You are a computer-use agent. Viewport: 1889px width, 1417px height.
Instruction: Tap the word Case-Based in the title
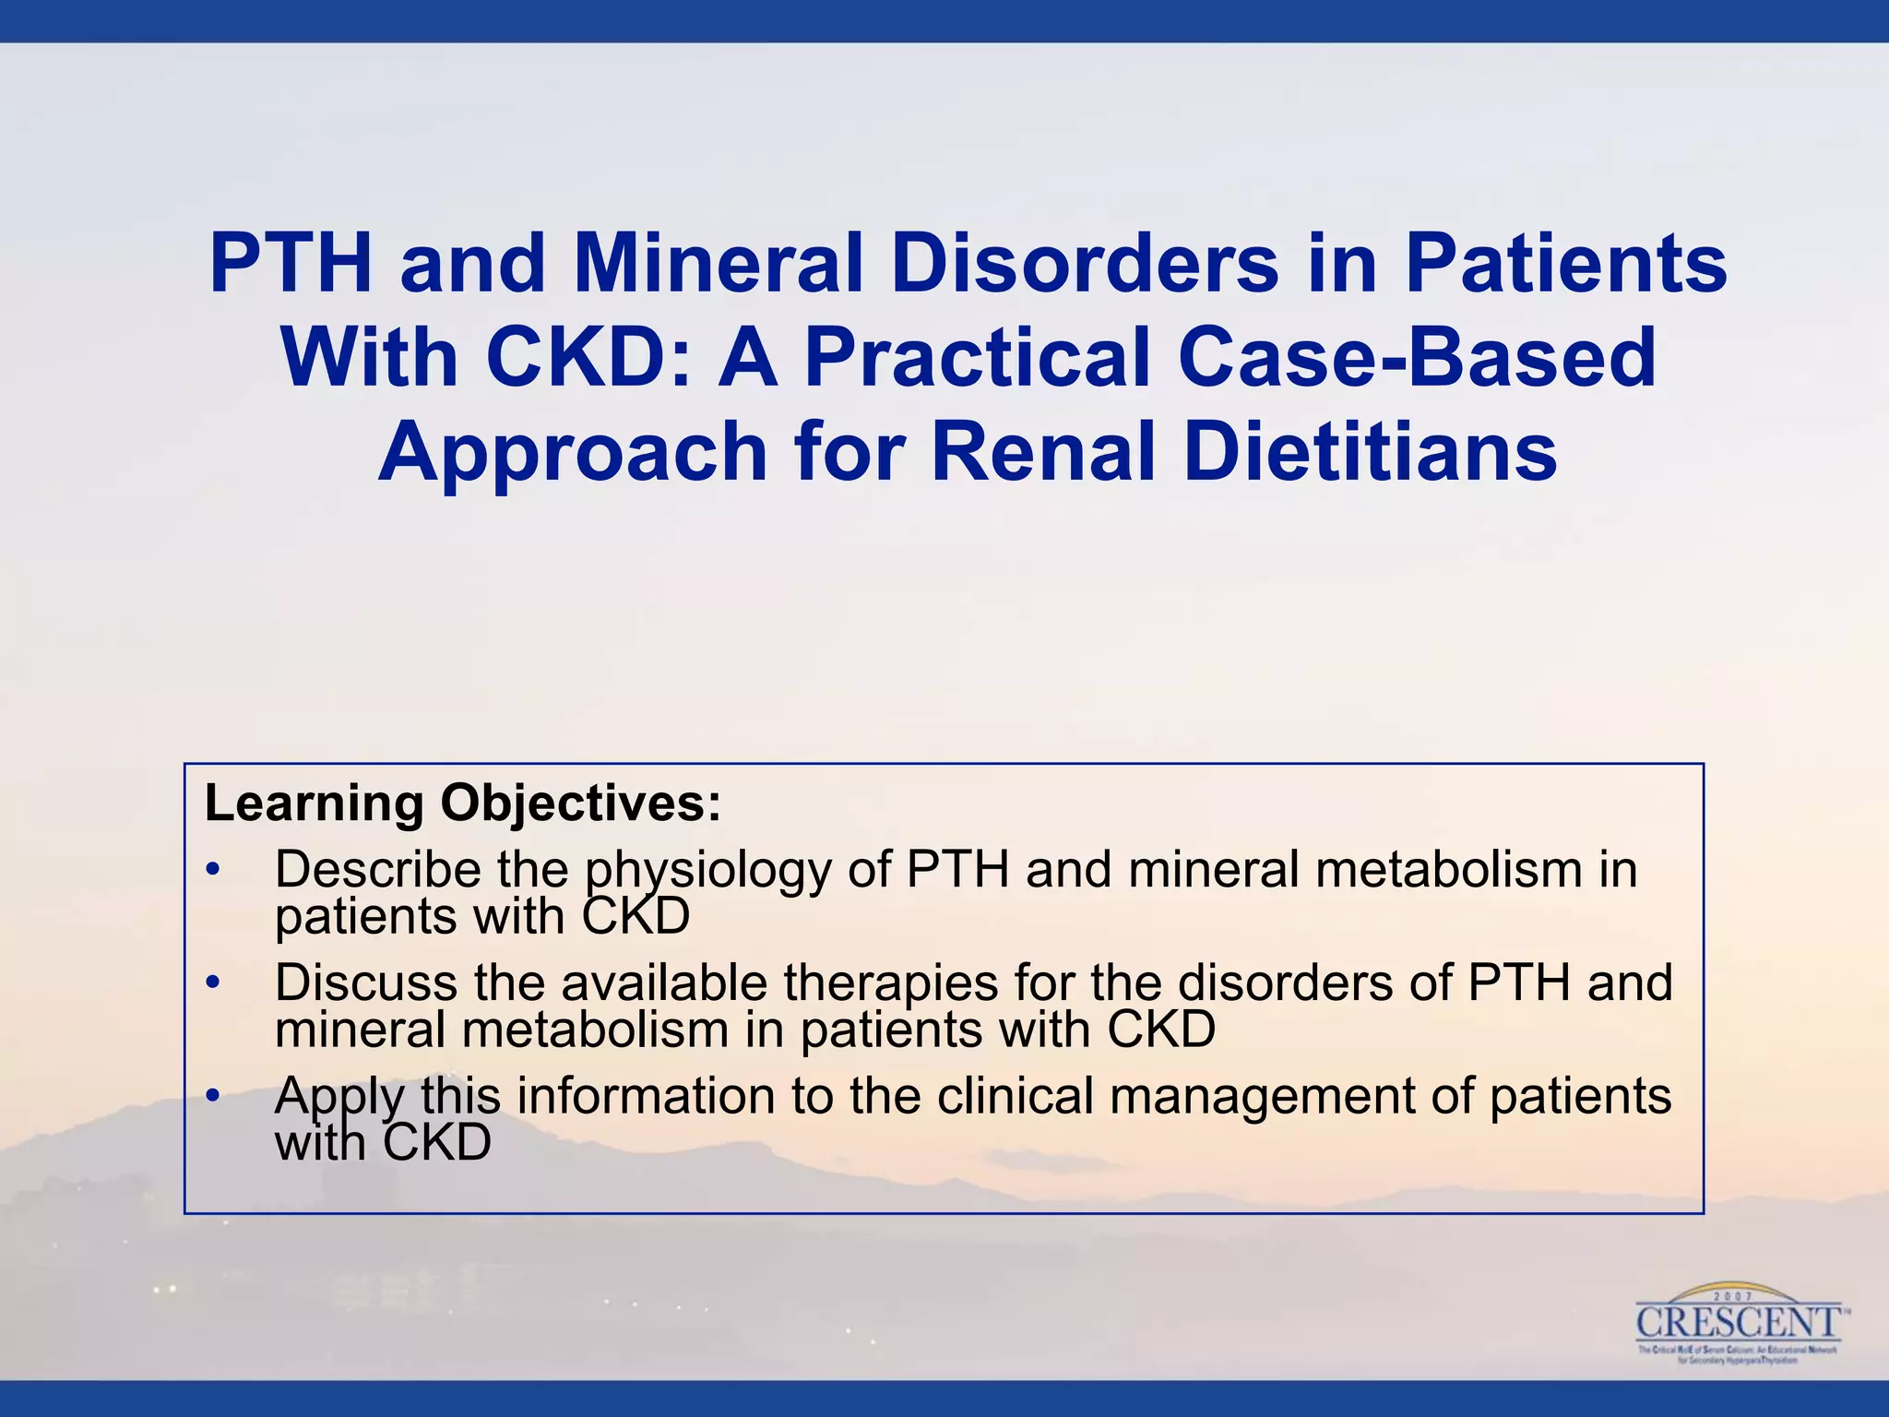(1417, 358)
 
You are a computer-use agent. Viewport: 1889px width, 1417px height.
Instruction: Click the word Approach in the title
(573, 452)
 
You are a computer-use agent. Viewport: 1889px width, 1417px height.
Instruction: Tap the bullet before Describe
(214, 870)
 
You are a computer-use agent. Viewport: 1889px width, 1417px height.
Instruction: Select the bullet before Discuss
(214, 983)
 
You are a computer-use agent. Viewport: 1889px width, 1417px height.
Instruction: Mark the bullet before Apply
(214, 1096)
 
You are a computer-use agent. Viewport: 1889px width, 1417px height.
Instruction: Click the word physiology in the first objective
(707, 872)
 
